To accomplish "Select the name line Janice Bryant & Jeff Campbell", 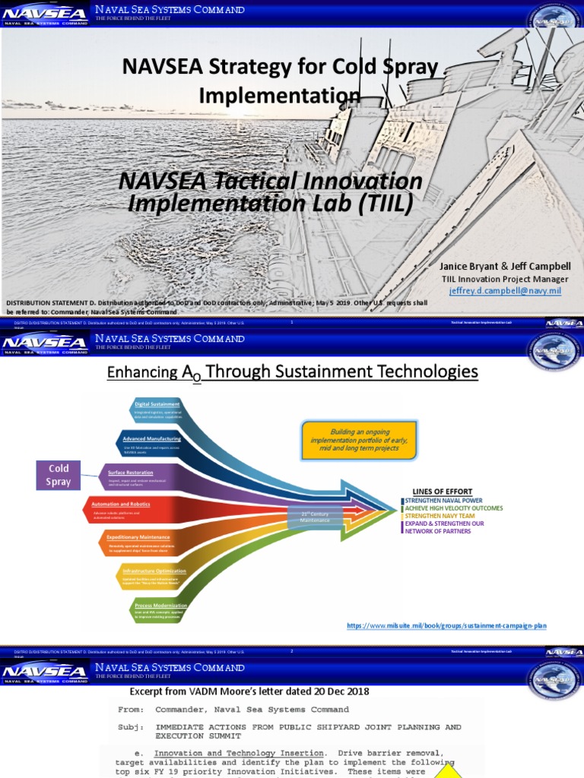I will point(505,267).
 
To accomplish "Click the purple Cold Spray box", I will point(59,476).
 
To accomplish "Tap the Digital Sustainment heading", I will point(157,403).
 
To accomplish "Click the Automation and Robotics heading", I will point(120,504).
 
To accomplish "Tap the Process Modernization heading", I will point(160,606).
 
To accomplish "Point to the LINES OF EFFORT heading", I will point(442,492).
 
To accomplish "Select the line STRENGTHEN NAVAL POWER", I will point(443,501).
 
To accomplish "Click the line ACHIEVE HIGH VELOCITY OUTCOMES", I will point(454,508).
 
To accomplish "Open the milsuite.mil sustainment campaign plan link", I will point(446,625).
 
